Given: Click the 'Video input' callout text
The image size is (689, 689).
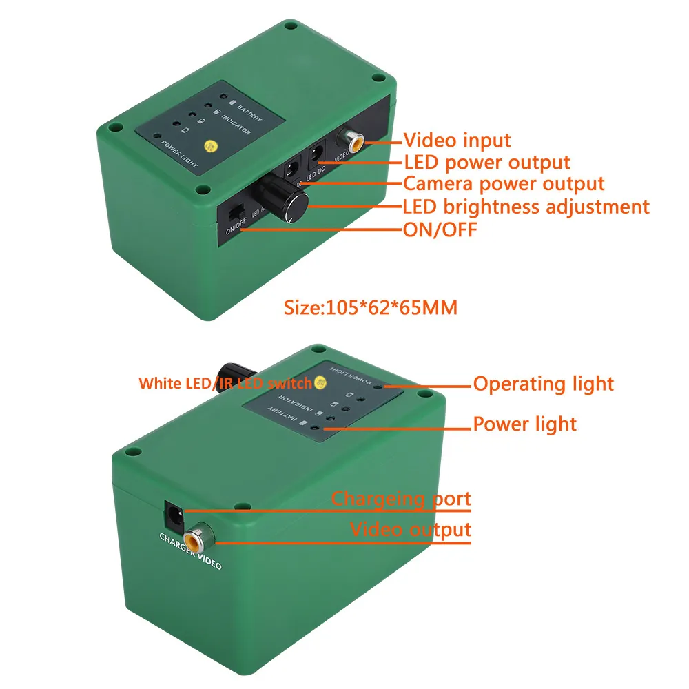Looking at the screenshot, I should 457,141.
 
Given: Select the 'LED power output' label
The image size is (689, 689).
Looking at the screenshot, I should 486,163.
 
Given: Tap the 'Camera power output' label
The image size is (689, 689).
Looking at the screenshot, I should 504,184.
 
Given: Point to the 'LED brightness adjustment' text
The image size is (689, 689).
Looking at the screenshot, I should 526,206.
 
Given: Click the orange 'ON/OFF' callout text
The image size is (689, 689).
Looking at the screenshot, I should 440,229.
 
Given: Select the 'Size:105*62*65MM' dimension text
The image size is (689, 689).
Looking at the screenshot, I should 371,307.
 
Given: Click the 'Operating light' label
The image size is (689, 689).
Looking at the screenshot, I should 543,384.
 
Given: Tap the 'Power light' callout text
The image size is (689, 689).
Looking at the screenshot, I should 524,423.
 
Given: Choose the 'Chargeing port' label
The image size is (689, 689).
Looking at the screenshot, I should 401,498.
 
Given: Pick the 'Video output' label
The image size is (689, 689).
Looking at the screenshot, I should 411,530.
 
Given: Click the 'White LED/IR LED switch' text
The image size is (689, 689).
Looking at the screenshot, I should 225,384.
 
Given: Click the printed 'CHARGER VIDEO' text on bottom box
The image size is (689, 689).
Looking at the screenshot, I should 190,552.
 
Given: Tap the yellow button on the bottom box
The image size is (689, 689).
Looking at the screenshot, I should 319,382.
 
